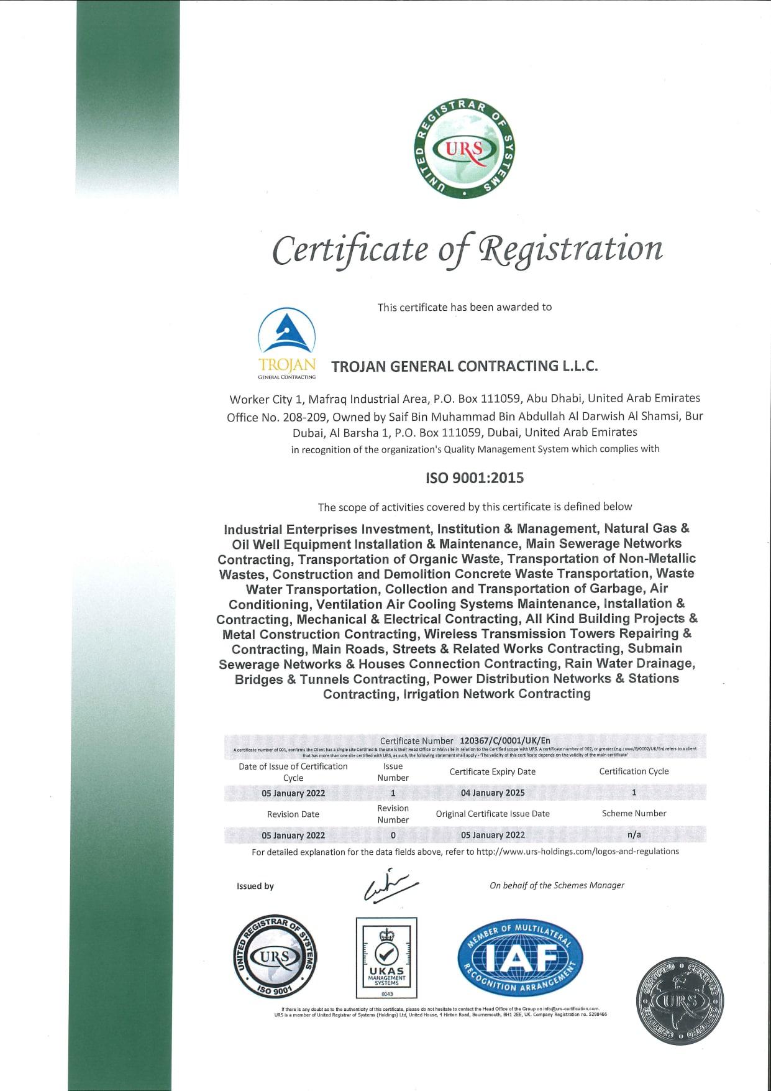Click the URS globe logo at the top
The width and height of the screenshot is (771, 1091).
pyautogui.click(x=464, y=149)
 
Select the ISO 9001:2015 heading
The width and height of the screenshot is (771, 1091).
pyautogui.click(x=474, y=478)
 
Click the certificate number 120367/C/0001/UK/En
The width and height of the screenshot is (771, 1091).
pyautogui.click(x=504, y=740)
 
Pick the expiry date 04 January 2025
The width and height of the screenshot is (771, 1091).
pyautogui.click(x=492, y=793)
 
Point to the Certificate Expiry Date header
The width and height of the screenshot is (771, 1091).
pyautogui.click(x=492, y=771)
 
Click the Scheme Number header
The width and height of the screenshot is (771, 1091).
pyautogui.click(x=634, y=813)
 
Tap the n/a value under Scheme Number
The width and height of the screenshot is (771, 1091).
pyautogui.click(x=634, y=834)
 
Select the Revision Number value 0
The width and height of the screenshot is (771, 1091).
pyautogui.click(x=393, y=835)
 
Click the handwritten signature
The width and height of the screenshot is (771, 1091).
pyautogui.click(x=390, y=885)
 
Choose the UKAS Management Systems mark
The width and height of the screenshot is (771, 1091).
pyautogui.click(x=386, y=958)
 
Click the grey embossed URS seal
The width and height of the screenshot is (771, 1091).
pyautogui.click(x=680, y=1001)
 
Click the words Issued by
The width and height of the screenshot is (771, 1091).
pyautogui.click(x=255, y=886)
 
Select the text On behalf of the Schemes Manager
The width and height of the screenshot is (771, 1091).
pyautogui.click(x=557, y=885)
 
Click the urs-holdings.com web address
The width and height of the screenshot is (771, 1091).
pyautogui.click(x=577, y=852)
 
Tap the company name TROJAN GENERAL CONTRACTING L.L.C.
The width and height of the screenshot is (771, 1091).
pyautogui.click(x=465, y=366)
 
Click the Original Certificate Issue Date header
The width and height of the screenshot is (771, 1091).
pyautogui.click(x=492, y=814)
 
